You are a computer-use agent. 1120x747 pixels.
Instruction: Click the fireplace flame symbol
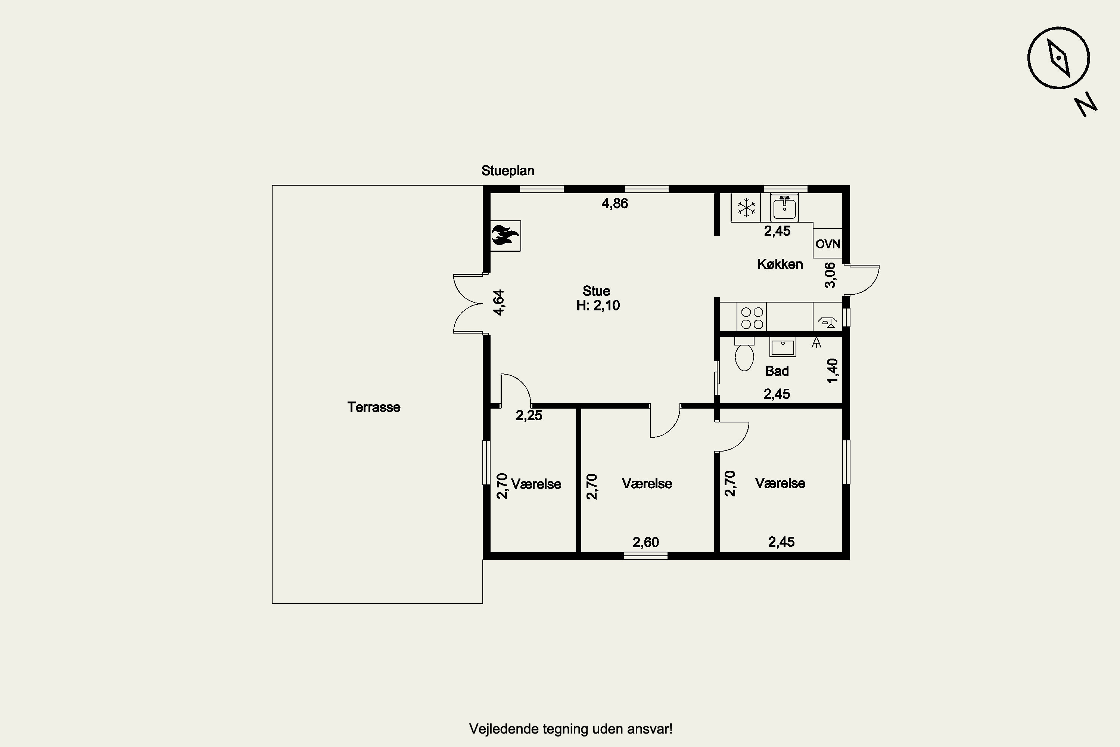click(505, 235)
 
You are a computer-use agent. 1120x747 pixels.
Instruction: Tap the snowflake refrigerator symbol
click(746, 208)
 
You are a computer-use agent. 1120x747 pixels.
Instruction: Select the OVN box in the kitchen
click(828, 244)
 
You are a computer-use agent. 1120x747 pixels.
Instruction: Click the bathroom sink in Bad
click(783, 347)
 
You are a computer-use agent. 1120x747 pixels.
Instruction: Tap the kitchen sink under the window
click(784, 208)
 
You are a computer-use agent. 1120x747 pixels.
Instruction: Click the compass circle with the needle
click(1058, 58)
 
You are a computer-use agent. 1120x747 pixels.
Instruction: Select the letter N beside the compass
click(1086, 105)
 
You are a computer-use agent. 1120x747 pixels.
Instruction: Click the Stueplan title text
click(508, 171)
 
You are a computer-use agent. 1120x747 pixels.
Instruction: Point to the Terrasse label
click(374, 407)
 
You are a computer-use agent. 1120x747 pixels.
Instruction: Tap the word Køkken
click(780, 264)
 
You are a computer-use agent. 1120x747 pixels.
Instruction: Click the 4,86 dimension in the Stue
click(615, 204)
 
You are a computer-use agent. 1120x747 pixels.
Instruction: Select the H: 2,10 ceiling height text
click(598, 306)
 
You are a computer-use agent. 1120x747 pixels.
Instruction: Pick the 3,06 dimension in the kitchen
click(830, 275)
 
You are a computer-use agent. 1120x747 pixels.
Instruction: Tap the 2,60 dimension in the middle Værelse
click(646, 542)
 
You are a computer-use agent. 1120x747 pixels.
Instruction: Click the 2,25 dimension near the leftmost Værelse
click(529, 415)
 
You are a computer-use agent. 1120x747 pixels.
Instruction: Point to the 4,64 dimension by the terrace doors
click(498, 303)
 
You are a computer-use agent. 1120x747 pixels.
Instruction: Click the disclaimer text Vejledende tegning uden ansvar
click(570, 729)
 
